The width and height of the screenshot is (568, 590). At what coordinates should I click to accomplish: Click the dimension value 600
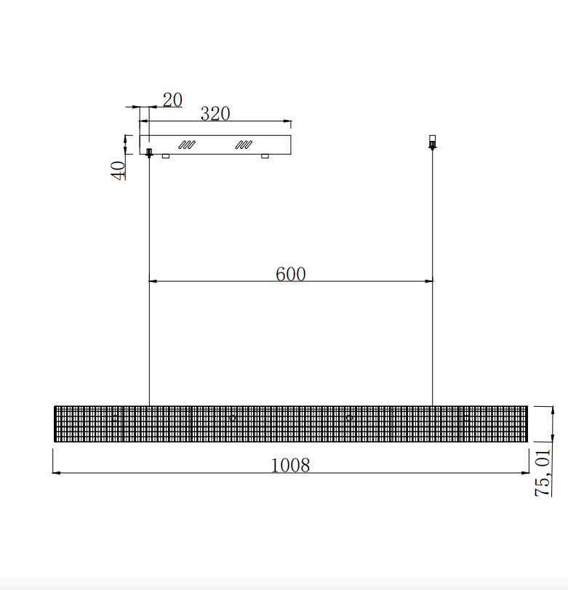tap(290, 274)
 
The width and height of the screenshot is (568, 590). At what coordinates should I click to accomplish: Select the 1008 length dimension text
tap(290, 465)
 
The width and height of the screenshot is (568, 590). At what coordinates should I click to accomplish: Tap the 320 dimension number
tap(215, 113)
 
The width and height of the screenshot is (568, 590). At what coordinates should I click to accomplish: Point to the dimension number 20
tap(172, 100)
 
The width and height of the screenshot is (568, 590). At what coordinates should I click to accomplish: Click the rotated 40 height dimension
tap(118, 171)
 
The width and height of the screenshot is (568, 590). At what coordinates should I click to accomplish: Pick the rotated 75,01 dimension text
tap(543, 473)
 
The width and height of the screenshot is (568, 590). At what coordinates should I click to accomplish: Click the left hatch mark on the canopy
tap(187, 145)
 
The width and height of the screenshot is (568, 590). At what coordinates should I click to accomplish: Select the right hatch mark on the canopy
tap(244, 145)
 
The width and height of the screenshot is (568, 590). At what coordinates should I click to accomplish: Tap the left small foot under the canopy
tap(166, 156)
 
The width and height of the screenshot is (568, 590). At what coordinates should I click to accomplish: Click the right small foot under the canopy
tap(265, 156)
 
